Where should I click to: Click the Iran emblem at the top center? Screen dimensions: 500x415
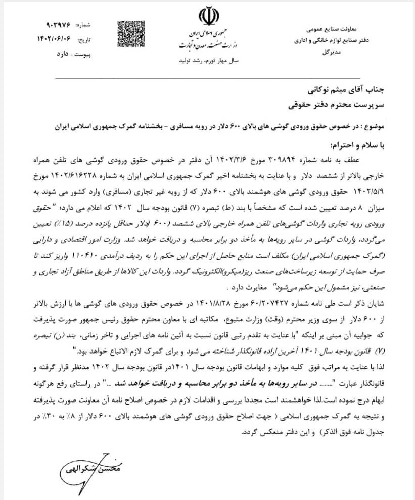tap(207, 16)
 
